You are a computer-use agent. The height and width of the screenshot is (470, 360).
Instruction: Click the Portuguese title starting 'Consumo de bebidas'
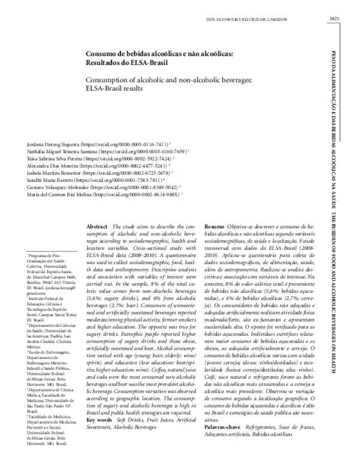click(159, 53)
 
